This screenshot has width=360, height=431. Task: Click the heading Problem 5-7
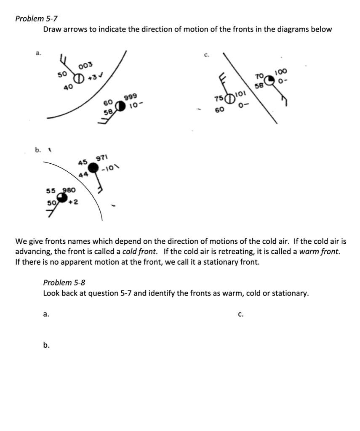coord(36,19)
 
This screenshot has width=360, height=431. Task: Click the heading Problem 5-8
coord(64,282)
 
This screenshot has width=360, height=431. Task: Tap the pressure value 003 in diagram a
coord(85,66)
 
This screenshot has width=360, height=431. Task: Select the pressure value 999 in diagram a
coord(130,98)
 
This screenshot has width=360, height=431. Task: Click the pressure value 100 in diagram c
coord(281,72)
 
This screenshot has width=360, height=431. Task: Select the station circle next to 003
coord(79,78)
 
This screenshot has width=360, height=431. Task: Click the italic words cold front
coord(139,252)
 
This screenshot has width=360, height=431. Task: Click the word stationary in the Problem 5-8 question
coord(290,293)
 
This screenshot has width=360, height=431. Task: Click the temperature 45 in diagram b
coord(82,162)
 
